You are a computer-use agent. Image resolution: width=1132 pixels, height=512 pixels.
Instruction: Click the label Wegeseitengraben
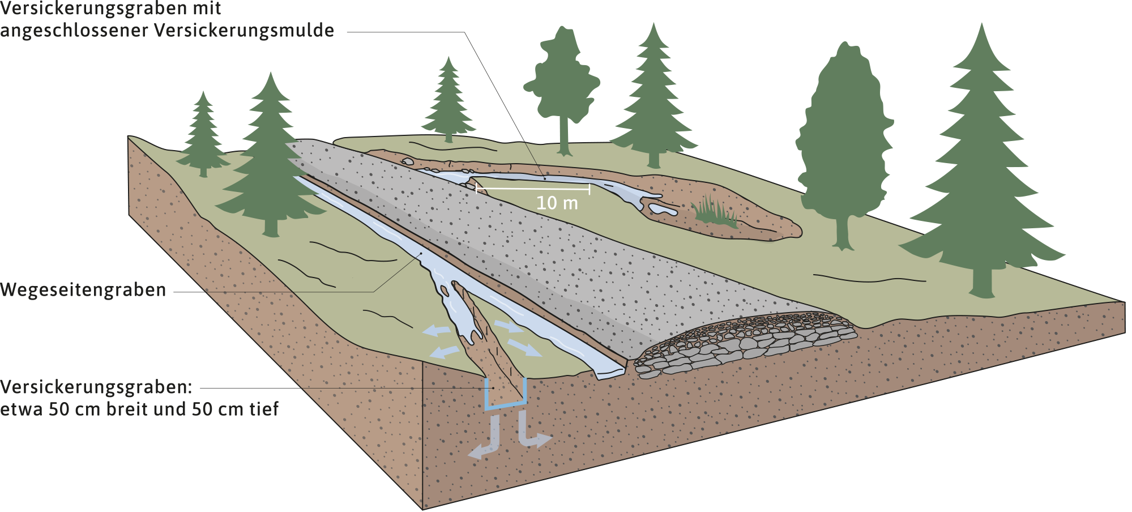83,290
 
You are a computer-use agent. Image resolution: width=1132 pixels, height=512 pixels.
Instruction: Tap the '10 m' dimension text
557,203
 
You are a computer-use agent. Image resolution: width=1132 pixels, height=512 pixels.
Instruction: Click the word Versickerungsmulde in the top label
244,30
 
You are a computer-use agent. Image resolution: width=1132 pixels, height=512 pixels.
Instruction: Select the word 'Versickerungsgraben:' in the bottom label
96,387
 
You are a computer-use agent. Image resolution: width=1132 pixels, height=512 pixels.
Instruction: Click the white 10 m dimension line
532,188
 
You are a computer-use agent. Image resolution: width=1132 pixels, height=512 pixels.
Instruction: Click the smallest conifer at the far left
202,136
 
